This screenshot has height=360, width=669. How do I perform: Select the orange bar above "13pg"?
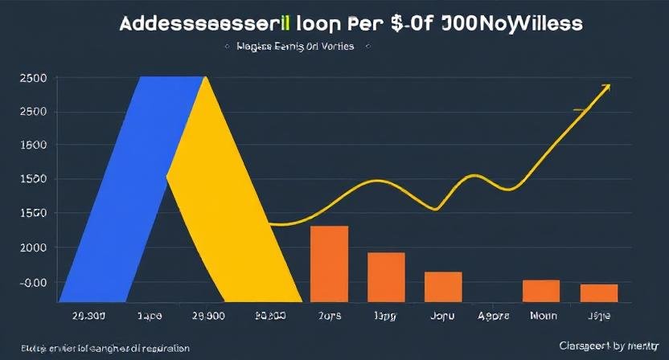pyautogui.click(x=386, y=277)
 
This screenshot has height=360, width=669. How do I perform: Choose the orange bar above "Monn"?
pyautogui.click(x=541, y=291)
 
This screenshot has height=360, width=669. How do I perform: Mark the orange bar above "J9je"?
pyautogui.click(x=599, y=293)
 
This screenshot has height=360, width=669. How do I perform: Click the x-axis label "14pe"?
pyautogui.click(x=150, y=316)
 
